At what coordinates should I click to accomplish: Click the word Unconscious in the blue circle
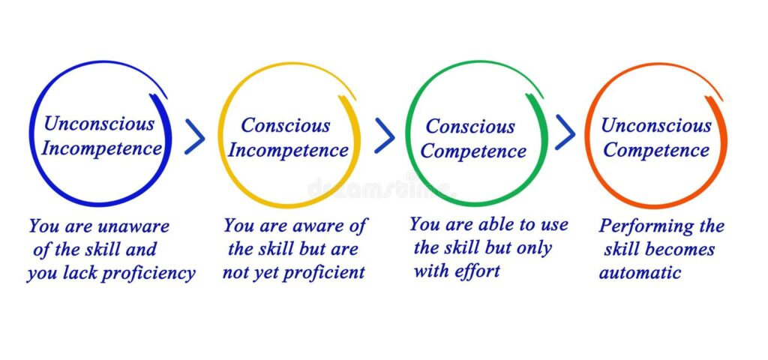[x=99, y=124]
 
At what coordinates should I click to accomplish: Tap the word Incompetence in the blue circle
[x=101, y=149]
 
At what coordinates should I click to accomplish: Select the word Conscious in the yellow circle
[x=286, y=125]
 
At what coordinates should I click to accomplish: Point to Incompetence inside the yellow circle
[x=289, y=151]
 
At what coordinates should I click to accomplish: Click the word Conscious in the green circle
[x=470, y=126]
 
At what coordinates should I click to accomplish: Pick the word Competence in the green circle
[x=473, y=151]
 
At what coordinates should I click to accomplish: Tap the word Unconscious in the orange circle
[x=656, y=125]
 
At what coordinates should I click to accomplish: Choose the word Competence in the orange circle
[x=656, y=150]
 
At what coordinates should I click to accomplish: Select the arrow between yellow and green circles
[x=385, y=136]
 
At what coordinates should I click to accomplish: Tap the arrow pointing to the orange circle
[x=565, y=132]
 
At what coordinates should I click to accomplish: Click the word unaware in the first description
[x=133, y=226]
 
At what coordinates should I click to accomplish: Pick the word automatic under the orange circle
[x=640, y=273]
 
